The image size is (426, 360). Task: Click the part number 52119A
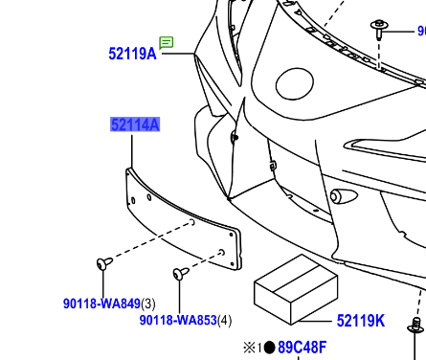(132, 55)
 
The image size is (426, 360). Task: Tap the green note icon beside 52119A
(167, 42)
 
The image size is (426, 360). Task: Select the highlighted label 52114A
(134, 124)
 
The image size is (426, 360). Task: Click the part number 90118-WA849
(101, 304)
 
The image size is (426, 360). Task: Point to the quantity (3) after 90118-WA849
(148, 304)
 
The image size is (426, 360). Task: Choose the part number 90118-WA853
(177, 320)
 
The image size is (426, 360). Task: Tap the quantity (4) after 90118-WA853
(225, 320)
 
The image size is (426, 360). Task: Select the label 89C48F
(302, 348)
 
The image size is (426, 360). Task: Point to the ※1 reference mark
(252, 348)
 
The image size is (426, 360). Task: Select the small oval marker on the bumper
(337, 196)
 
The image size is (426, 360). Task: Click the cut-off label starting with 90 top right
(420, 32)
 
